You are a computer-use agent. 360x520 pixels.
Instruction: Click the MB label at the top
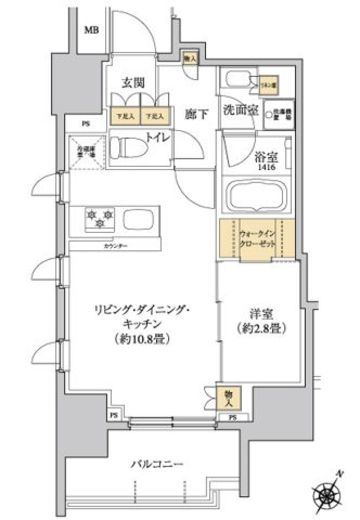click(x=92, y=29)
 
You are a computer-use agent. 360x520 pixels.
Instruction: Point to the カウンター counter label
click(x=126, y=242)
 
